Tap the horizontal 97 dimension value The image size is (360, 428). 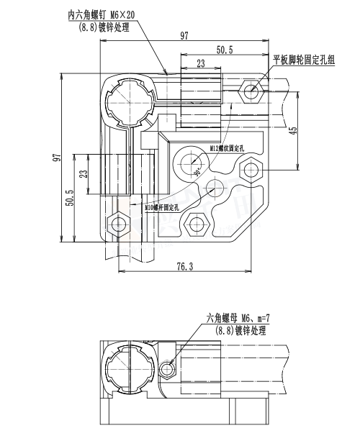pos(184,36)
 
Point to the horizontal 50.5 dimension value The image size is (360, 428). pos(224,50)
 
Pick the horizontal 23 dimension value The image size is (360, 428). pos(200,64)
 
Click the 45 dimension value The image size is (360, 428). pos(292,130)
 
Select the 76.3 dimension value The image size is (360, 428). pos(184,267)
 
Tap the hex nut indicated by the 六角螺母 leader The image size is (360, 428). pos(167,369)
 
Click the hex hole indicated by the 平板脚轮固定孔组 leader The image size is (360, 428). pos(251,91)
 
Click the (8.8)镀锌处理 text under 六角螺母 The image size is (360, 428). pos(242,330)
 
